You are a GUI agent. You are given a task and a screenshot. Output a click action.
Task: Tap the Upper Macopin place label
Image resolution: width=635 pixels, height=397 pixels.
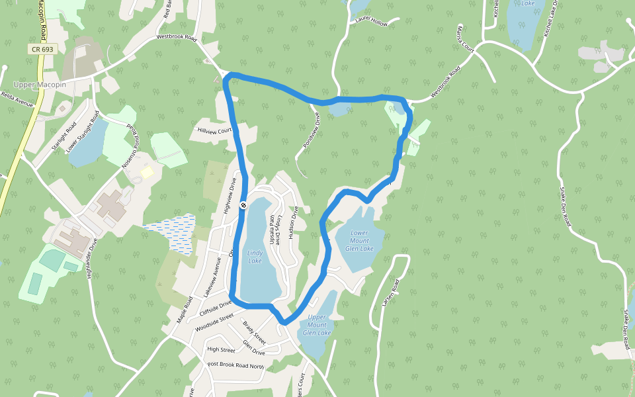pyautogui.click(x=40, y=85)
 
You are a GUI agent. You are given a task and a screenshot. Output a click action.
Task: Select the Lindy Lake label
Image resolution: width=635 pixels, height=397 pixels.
pyautogui.click(x=255, y=257)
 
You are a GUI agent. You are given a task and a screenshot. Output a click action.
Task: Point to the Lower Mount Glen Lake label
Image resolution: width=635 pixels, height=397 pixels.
pyautogui.click(x=359, y=241)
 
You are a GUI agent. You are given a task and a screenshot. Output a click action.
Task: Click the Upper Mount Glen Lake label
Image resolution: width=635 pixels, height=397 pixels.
pyautogui.click(x=317, y=324)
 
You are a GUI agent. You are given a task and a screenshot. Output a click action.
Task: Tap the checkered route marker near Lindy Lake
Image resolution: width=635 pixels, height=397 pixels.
pyautogui.click(x=243, y=205)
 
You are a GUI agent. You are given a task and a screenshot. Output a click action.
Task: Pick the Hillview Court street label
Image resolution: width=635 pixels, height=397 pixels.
pyautogui.click(x=215, y=130)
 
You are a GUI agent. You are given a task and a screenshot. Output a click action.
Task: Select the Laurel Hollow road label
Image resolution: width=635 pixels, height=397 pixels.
pyautogui.click(x=371, y=22)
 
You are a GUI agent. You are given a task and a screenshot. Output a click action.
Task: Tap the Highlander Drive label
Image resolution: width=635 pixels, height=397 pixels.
pyautogui.click(x=92, y=257)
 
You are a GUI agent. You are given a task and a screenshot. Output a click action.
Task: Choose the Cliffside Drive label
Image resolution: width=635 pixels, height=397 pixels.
pyautogui.click(x=215, y=308)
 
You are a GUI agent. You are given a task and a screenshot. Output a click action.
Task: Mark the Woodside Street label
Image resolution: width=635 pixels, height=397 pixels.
pyautogui.click(x=214, y=322)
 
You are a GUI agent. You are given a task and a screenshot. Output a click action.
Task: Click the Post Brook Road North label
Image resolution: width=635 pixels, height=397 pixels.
pyautogui.click(x=235, y=365)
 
